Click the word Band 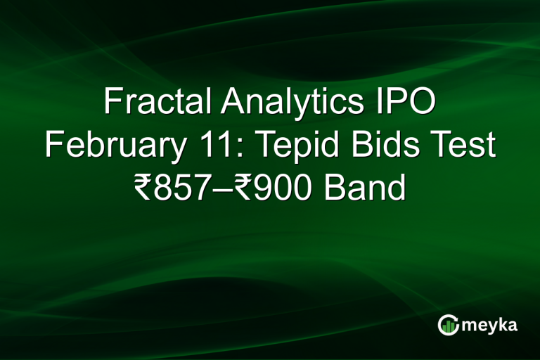point(363,188)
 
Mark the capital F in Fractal point(112,103)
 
